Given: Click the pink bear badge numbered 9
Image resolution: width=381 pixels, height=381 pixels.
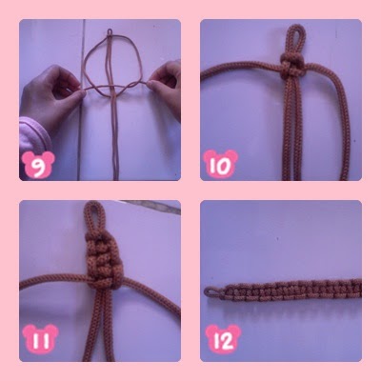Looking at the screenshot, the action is [38, 165].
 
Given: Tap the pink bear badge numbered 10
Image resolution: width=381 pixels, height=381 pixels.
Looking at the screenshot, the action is [220, 164].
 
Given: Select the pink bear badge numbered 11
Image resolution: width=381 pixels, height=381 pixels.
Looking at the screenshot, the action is [40, 339].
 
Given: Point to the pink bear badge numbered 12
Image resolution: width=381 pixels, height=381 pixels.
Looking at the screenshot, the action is [223, 339].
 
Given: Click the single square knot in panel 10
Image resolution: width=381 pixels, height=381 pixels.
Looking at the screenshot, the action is [292, 65].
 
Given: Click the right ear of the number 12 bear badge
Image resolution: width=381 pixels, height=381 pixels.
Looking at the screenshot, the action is [234, 330].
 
